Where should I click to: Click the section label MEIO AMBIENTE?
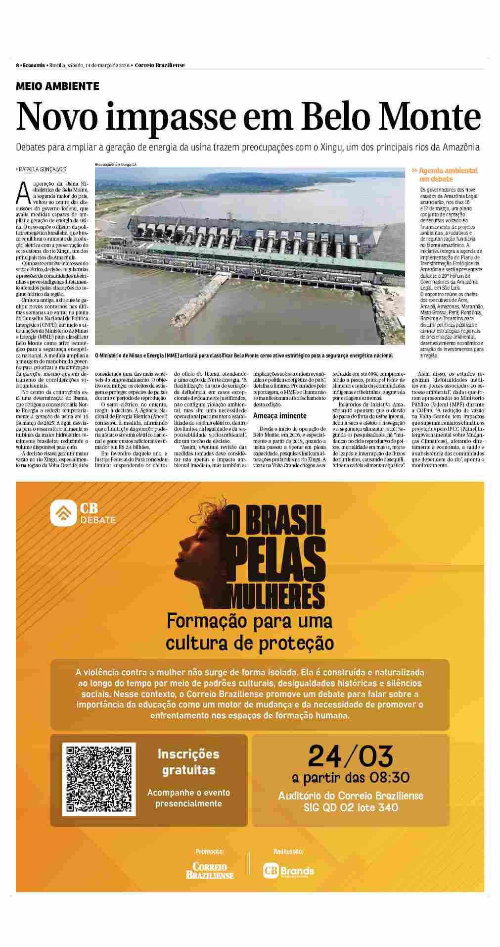pos(57,86)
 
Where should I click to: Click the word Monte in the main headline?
pos(435,117)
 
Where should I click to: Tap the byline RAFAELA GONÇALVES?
pos(42,169)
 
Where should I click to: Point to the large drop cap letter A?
pos(21,193)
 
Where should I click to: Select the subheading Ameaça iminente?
pos(279,416)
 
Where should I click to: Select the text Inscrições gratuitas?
pos(188,762)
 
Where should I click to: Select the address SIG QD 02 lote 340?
pos(351,808)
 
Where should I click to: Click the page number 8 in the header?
pos(17,66)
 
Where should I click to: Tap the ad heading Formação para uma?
pos(249,620)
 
